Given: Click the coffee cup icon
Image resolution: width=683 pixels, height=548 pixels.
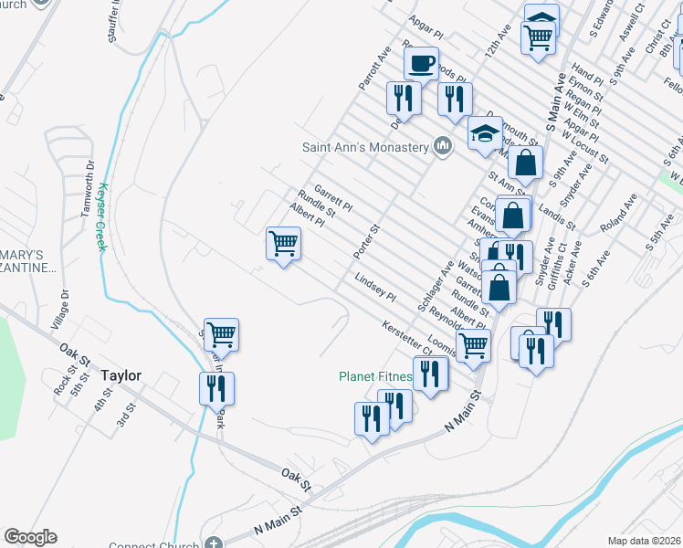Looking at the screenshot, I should coord(421,63).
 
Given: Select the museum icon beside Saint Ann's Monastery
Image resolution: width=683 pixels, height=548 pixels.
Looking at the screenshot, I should coord(443,146).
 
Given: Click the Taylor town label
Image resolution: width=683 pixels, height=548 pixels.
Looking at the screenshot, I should coord(121,375).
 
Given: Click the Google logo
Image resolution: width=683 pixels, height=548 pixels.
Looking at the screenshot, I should coord(30,537).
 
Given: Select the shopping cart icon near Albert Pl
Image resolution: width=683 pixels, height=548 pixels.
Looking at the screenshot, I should coord(284,244).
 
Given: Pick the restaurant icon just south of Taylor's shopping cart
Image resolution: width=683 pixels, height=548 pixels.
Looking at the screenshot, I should coord(216,388).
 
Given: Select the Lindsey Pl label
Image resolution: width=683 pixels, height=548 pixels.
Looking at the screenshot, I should coord(374,290).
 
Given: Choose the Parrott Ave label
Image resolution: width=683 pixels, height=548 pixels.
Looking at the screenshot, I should coord(374,67).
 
